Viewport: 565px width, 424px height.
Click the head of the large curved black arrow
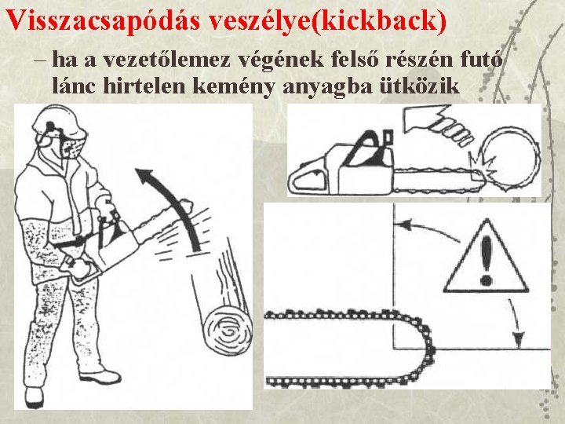(x=144, y=176)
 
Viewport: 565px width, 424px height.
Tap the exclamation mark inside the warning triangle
(x=486, y=260)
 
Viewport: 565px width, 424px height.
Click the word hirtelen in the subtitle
(x=144, y=86)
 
